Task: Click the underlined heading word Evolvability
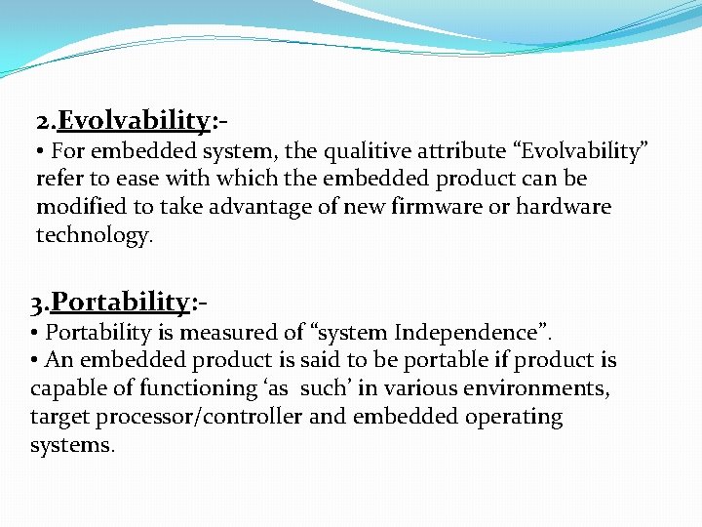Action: point(134,121)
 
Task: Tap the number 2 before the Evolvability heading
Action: point(44,122)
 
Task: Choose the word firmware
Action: point(431,207)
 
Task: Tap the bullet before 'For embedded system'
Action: point(41,151)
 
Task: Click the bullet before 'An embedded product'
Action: point(35,360)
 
